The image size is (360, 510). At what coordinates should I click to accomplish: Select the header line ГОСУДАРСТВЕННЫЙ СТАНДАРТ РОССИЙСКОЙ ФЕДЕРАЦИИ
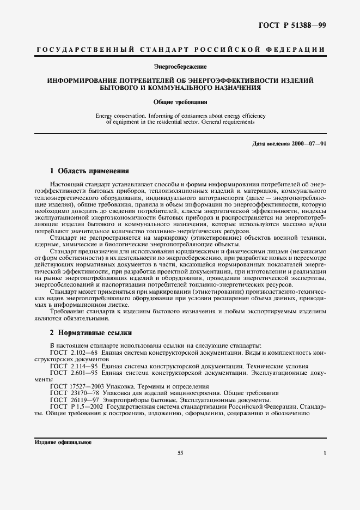tap(180, 50)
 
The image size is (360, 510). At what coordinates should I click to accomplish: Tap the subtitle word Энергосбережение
tap(180, 67)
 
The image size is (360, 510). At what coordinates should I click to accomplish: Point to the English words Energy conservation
tap(119, 116)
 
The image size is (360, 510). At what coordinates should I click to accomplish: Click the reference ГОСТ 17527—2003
tap(76, 386)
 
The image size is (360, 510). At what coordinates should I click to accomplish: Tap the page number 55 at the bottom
tap(180, 453)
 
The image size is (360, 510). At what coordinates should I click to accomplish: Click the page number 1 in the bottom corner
tap(324, 453)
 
